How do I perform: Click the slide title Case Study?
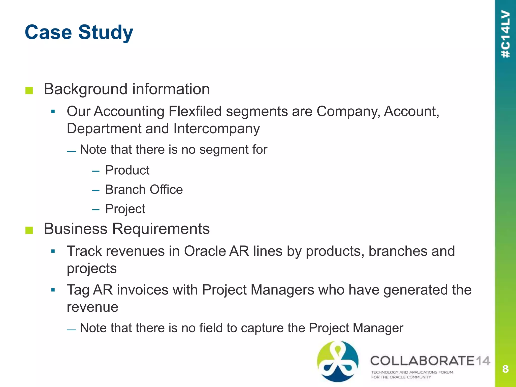coord(79,32)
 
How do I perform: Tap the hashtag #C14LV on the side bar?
coord(505,34)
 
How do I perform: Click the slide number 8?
coord(505,369)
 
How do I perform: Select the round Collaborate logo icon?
coord(337,361)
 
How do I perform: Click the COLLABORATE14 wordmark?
coord(430,361)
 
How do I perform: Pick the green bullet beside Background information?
coord(29,90)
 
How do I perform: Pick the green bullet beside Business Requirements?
coord(29,230)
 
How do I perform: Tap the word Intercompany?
coord(216,128)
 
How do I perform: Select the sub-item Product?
coord(127,170)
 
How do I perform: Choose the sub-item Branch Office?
coord(144,189)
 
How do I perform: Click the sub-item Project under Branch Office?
coord(125,209)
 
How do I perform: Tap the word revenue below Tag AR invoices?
coord(92,307)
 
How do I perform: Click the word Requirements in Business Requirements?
coord(161,229)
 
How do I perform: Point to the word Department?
coord(104,128)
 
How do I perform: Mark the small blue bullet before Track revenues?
coord(53,251)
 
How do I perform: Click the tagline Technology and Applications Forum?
coord(412,372)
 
